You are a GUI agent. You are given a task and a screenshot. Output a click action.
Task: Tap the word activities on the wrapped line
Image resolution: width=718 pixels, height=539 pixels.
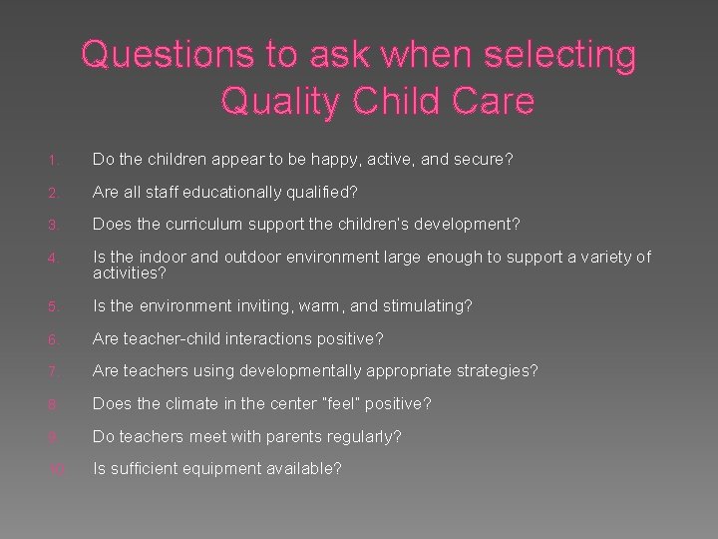point(128,271)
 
